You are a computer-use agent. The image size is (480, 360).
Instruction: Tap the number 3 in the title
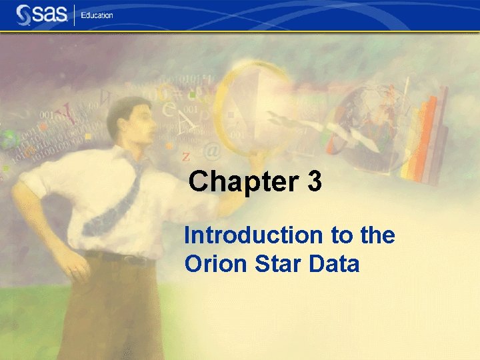(x=315, y=182)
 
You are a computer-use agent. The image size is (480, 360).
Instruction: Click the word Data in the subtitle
(x=335, y=265)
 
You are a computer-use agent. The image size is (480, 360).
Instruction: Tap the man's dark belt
(x=120, y=257)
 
